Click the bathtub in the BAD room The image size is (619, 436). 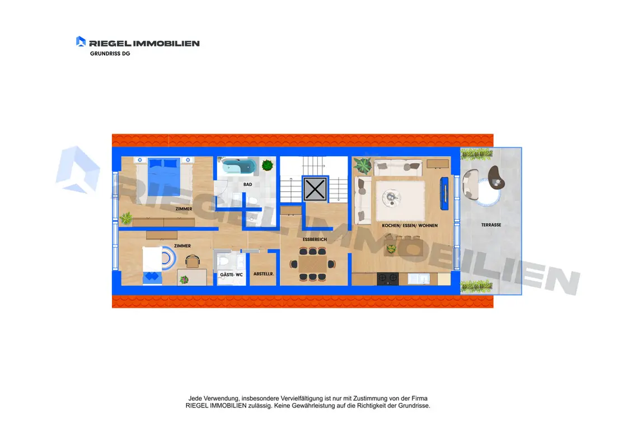[239, 166]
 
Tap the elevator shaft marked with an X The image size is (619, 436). [315, 189]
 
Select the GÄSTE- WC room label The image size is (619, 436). [231, 274]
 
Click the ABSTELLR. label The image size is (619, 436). [264, 274]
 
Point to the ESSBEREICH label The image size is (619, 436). [315, 240]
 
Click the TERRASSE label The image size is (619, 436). [491, 224]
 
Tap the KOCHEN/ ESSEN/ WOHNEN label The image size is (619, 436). [410, 226]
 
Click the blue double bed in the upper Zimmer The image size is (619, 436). [164, 176]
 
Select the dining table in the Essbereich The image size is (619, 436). [313, 264]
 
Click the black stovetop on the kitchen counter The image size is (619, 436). [388, 279]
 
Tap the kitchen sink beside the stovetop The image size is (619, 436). [419, 279]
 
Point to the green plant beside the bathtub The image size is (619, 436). [268, 165]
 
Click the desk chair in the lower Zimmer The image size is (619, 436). [193, 261]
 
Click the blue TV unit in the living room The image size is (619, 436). [444, 194]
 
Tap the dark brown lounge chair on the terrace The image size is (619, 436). [496, 177]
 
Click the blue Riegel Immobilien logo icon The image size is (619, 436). [81, 41]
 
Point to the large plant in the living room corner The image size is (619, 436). [363, 165]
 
